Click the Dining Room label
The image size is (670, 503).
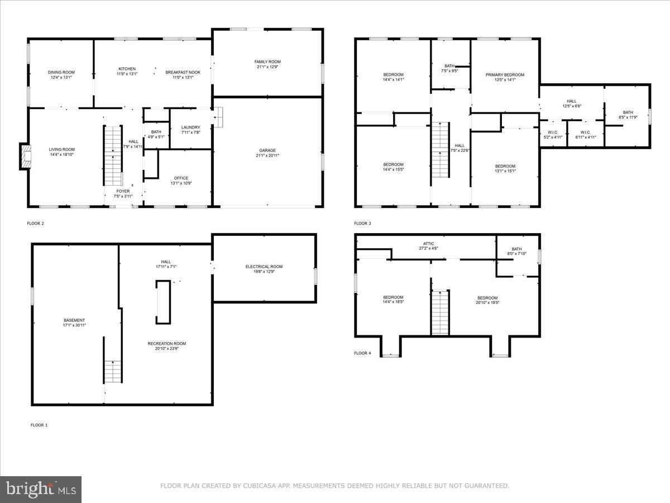pos(61,72)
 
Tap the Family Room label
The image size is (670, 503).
pos(267,61)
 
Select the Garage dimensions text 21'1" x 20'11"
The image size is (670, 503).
pos(267,155)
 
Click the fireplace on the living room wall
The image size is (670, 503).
pos(26,156)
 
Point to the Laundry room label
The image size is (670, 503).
pos(190,127)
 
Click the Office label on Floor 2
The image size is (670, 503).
pos(181,178)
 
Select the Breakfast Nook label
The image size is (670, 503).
pos(183,72)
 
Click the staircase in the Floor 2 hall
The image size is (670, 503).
pos(113,156)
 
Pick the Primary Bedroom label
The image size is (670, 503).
pos(505,75)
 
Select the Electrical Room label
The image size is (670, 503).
pos(264,267)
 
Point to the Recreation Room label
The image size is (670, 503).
pos(167,343)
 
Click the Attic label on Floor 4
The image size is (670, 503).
pos(428,244)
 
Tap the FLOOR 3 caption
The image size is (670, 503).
pos(362,224)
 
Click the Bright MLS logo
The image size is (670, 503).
pos(41,489)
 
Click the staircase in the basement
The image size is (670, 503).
pos(113,371)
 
